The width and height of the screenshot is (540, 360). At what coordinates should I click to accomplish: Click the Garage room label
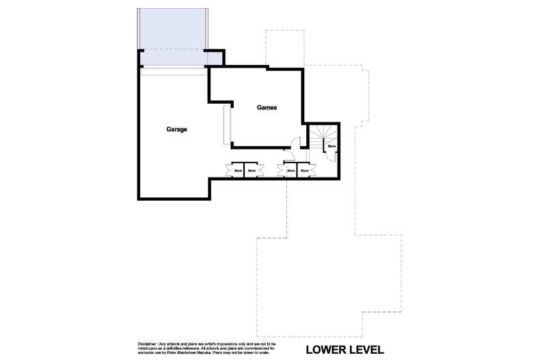pyautogui.click(x=176, y=129)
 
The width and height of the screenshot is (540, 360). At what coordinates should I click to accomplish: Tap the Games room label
pyautogui.click(x=267, y=108)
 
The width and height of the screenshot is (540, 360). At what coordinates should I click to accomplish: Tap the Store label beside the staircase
pyautogui.click(x=332, y=146)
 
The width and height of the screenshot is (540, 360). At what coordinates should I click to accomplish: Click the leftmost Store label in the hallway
pyautogui.click(x=239, y=170)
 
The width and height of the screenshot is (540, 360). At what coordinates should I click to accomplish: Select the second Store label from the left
pyautogui.click(x=252, y=170)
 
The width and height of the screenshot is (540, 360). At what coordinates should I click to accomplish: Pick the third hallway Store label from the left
pyautogui.click(x=290, y=170)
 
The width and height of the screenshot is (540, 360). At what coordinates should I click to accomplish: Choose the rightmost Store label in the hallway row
pyautogui.click(x=302, y=170)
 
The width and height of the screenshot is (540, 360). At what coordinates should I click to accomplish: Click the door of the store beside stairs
pyautogui.click(x=329, y=156)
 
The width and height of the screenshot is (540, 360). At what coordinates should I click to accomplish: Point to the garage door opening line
pyautogui.click(x=173, y=68)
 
